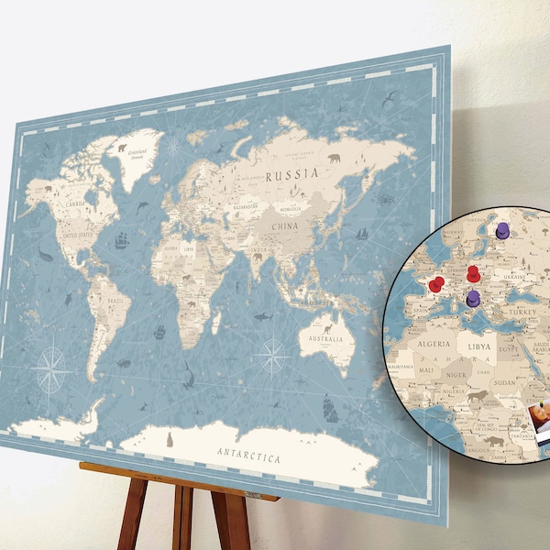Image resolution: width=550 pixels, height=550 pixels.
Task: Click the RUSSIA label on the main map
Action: (292, 173)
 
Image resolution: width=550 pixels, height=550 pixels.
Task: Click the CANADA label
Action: (72, 203)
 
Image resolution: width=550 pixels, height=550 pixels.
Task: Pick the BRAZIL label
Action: (115, 300)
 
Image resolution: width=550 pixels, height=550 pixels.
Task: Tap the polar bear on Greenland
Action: (120, 147)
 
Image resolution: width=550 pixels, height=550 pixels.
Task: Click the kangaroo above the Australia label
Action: (327, 324)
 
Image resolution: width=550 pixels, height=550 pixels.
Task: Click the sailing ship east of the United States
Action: (121, 241)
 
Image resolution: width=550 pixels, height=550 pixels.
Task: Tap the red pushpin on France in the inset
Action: (436, 284)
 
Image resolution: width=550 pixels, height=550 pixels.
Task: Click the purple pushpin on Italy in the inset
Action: (473, 299)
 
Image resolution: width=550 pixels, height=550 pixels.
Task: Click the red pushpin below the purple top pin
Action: (473, 273)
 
